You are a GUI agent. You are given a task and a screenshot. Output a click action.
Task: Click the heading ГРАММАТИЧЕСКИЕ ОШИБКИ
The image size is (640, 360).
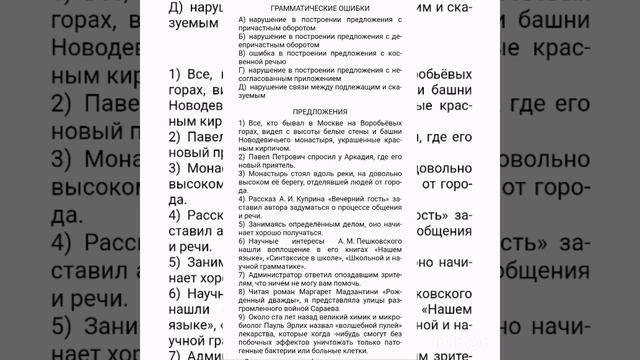(320, 7)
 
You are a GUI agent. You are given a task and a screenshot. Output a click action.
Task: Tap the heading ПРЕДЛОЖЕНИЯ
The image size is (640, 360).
(320, 111)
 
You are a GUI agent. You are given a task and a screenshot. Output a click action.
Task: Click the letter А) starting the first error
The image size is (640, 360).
(243, 20)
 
